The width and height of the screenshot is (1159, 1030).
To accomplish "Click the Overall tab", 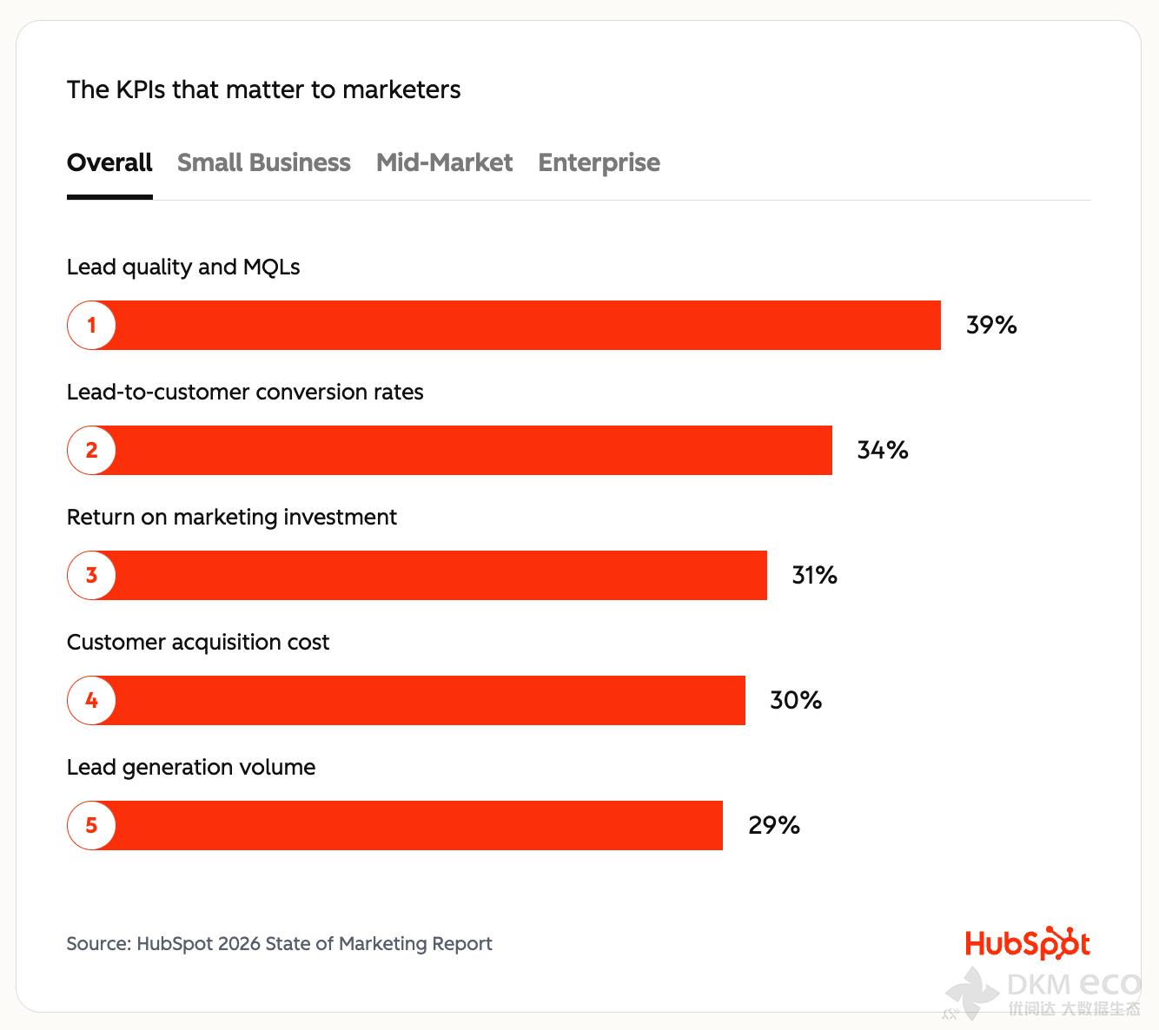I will (109, 162).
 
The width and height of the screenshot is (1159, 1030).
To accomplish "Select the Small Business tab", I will (263, 162).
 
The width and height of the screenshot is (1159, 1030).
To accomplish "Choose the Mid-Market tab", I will (444, 162).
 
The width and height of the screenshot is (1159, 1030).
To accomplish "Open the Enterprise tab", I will (599, 162).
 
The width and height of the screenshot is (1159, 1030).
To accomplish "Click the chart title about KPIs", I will (263, 89).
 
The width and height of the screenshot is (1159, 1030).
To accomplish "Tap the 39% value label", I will (991, 325).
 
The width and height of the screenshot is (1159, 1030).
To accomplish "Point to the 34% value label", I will (883, 450).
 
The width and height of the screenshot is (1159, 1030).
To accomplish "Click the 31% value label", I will (814, 575).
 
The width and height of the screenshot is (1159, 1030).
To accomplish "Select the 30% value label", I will (796, 700).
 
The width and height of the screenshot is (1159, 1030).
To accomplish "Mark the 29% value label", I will (773, 825).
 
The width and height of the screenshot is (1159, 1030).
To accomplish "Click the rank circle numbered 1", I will (91, 326).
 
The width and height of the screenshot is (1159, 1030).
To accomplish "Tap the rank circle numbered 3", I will (91, 575).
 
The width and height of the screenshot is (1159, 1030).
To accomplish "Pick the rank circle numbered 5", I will (91, 825).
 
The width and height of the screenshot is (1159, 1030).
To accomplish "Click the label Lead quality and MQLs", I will (183, 267).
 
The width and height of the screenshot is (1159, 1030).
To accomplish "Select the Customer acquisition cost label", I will (198, 642).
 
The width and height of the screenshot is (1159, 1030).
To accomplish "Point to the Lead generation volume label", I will (191, 767).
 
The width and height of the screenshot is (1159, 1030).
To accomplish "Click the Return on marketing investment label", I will (232, 517).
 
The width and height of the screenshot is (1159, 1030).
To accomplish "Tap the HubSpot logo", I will (1027, 943).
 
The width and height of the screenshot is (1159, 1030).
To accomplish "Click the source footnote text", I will (279, 943).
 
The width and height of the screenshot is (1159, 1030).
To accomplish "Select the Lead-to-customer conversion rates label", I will (245, 392).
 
